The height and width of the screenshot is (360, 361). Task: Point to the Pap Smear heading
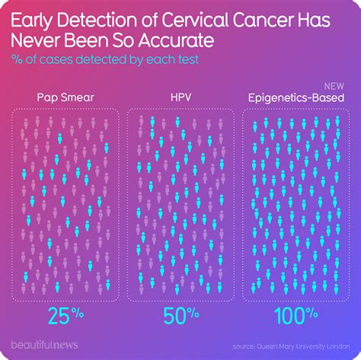(x=63, y=97)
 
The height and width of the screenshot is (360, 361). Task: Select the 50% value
(x=180, y=313)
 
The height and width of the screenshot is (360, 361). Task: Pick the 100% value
(x=296, y=313)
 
